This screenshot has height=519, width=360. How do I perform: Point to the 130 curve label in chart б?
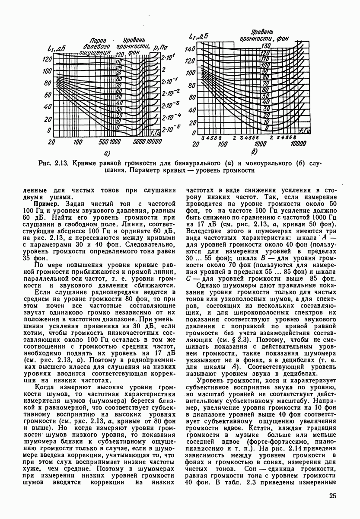coord(265,45)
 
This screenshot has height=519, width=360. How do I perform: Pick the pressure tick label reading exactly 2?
coord(163,69)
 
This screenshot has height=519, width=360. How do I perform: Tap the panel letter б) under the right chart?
coord(254,151)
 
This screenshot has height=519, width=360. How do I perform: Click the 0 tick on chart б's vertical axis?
coord(194,132)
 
